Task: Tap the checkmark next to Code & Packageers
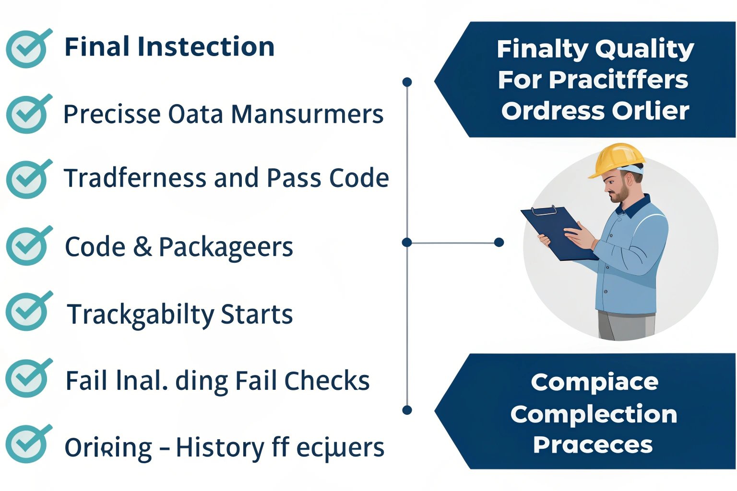pos(27,245)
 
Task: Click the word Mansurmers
pos(307,114)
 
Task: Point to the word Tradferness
pos(135,178)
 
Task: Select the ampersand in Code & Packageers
pos(143,247)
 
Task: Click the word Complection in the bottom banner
pos(594,414)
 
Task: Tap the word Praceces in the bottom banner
pos(593,445)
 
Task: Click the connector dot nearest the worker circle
pos(499,242)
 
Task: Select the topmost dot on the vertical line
pos(407,82)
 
